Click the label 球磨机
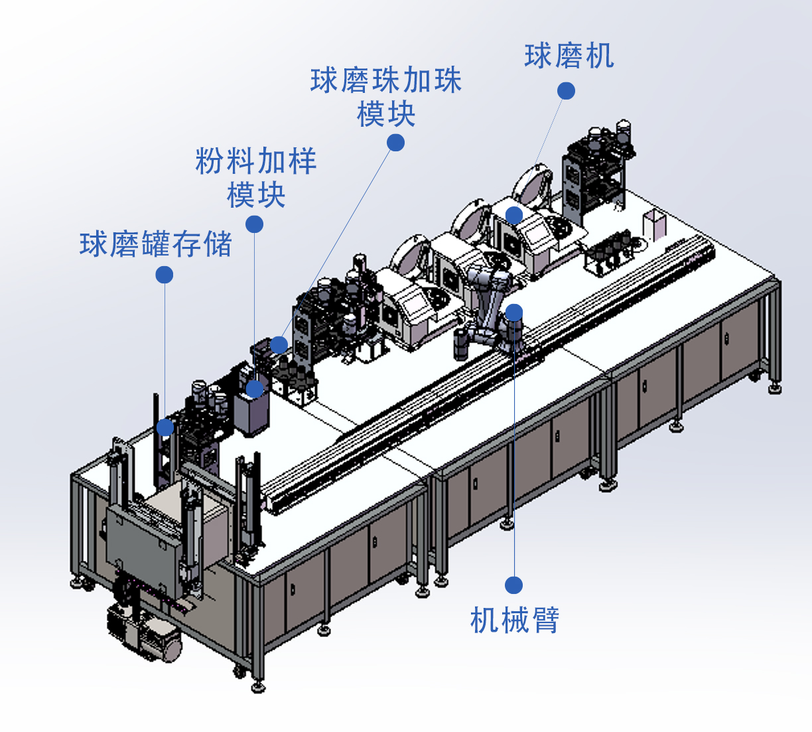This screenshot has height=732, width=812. pos(569,56)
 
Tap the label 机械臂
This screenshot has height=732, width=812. pos(515,619)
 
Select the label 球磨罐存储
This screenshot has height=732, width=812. pos(155,244)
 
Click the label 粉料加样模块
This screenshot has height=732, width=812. pos(256,177)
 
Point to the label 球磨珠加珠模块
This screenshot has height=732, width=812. pos(385,97)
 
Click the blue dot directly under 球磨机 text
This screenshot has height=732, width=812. pos(566,91)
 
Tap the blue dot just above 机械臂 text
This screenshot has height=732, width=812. pos(513,585)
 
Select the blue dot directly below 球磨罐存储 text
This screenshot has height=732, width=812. pos(165,275)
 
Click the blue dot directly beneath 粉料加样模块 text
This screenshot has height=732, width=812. pos(254,224)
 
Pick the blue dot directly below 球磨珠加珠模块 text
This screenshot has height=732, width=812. pos(395,143)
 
